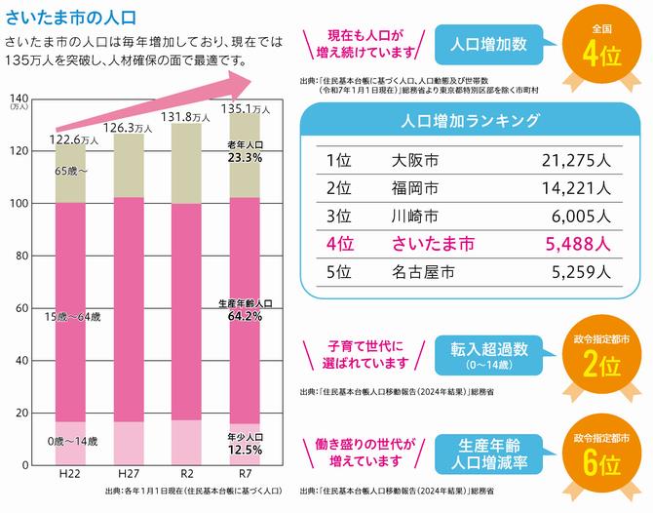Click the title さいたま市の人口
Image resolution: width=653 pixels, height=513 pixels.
71,17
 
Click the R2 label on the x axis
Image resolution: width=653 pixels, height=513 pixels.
187,473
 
